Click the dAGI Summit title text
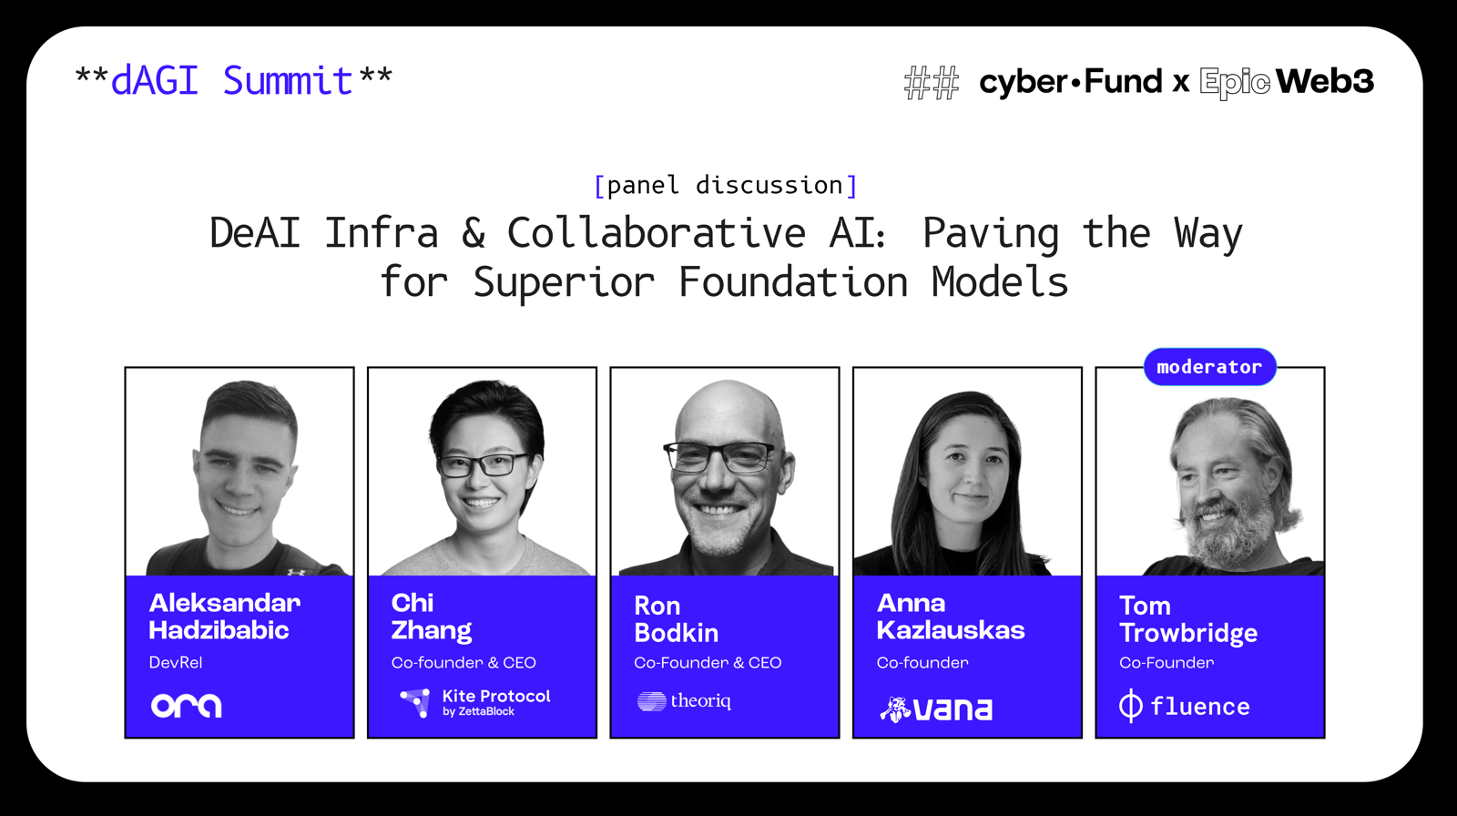click(x=234, y=81)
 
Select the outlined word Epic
click(x=1235, y=83)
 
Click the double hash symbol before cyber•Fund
click(x=932, y=83)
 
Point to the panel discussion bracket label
click(x=726, y=186)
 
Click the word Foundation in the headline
click(x=793, y=282)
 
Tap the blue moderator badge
click(x=1210, y=366)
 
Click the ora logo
click(x=186, y=706)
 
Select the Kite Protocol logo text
click(x=496, y=702)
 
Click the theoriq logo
click(x=684, y=701)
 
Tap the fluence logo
click(x=1185, y=706)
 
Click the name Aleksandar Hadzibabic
click(x=224, y=617)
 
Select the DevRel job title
click(x=176, y=662)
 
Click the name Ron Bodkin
click(x=677, y=619)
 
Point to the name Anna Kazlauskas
click(x=951, y=617)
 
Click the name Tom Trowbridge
click(x=1188, y=619)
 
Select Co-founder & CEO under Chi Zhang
click(x=464, y=662)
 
